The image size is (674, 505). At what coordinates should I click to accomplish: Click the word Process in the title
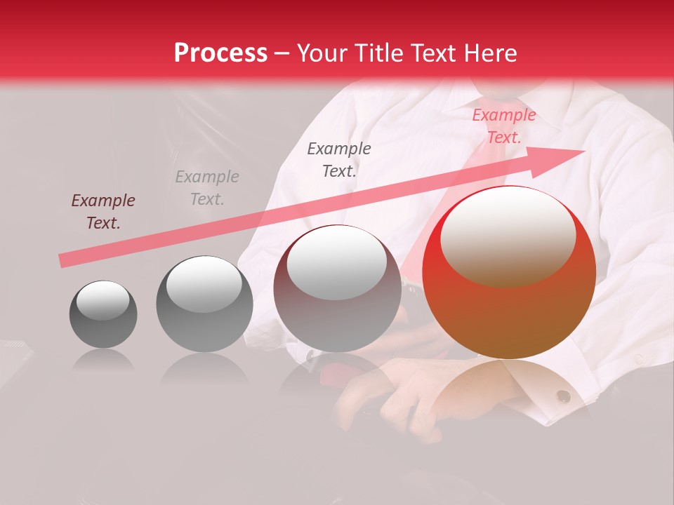point(220,53)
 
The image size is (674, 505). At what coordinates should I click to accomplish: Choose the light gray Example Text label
point(207,188)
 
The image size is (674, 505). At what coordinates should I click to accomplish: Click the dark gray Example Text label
point(339,159)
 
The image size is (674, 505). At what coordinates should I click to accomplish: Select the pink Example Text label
point(504,126)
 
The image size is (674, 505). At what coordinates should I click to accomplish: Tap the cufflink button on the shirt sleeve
point(563,396)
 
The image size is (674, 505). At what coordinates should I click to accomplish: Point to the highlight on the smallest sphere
point(103,301)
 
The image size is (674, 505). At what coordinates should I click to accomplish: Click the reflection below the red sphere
point(509,386)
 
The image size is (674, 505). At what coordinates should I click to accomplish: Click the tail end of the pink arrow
point(63,261)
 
